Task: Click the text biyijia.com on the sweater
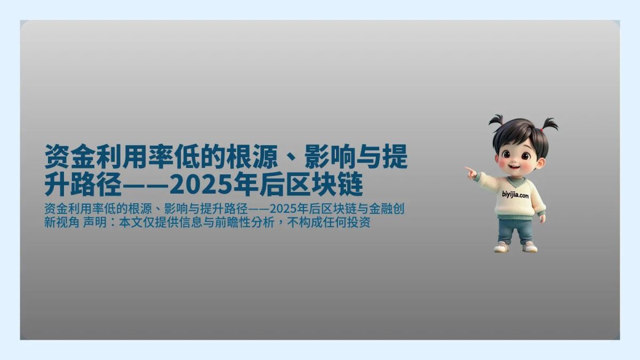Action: pos(515,196)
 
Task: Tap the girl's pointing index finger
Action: pos(467,169)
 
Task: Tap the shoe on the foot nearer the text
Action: pos(501,247)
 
